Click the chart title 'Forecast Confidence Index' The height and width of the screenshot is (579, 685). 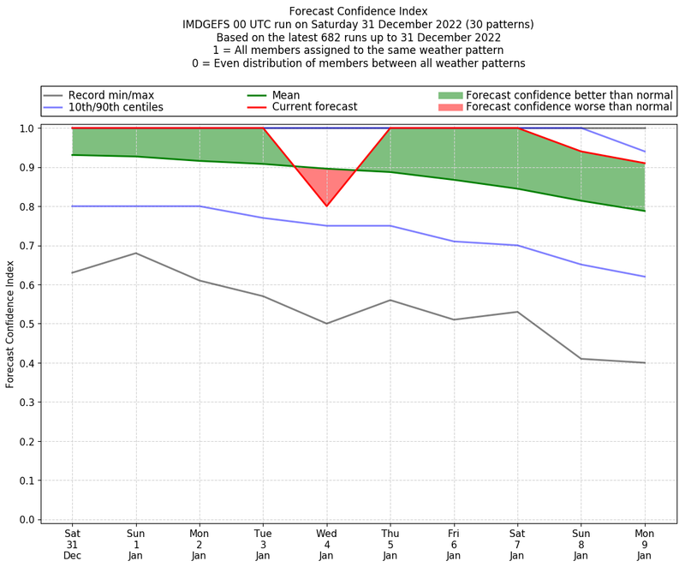point(358,11)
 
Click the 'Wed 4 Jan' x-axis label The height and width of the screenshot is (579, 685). point(326,545)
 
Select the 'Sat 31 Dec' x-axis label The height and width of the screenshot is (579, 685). point(72,545)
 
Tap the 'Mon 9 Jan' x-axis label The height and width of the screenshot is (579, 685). point(645,545)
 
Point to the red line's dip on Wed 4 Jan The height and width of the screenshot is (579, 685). point(326,206)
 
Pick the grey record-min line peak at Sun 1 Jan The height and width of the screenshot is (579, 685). point(135,253)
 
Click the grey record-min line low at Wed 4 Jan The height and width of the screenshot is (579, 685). point(326,323)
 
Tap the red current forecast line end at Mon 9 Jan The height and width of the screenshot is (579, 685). point(645,164)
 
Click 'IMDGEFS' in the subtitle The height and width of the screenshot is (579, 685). point(209,25)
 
